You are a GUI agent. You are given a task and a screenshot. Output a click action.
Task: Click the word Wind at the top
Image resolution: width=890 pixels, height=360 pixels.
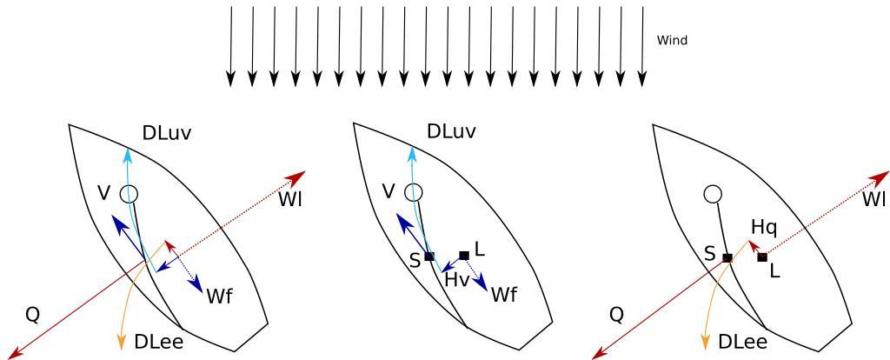(672, 40)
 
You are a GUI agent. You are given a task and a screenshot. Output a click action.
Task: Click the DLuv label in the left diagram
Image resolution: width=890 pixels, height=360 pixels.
(166, 134)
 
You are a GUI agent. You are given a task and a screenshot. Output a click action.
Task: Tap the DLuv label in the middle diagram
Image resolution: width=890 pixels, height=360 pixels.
(451, 132)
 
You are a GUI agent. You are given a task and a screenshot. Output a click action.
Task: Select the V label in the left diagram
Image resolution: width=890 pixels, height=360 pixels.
(104, 193)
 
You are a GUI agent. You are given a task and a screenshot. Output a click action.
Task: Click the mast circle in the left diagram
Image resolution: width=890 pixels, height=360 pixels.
(129, 193)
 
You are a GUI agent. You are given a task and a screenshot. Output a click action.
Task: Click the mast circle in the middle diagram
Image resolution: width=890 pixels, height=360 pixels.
(415, 192)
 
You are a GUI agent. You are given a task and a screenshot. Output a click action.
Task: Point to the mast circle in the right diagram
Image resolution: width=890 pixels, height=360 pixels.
(713, 194)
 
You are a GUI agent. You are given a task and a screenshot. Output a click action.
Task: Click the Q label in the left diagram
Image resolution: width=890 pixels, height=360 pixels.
(32, 315)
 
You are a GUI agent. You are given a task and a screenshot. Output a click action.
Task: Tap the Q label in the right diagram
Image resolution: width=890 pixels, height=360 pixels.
(616, 315)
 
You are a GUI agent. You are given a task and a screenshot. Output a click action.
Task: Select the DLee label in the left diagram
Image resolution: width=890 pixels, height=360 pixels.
(158, 343)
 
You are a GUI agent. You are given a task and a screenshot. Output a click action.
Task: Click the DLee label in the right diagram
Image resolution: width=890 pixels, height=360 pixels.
(742, 343)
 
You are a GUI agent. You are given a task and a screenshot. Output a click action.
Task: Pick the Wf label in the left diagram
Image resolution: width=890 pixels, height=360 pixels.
(219, 296)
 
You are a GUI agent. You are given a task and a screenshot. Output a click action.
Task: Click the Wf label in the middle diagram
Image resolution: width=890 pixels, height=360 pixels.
(504, 295)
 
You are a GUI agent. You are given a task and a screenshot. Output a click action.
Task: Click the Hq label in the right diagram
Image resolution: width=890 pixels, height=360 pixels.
(764, 228)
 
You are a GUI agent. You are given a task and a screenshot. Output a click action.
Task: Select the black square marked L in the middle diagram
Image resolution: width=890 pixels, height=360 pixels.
(464, 256)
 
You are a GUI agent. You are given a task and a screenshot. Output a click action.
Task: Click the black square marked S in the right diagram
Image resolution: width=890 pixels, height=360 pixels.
(727, 258)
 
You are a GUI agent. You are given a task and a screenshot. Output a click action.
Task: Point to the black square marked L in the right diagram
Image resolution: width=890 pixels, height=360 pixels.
(762, 257)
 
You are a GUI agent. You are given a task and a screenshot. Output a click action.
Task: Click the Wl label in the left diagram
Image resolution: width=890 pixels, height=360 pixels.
(291, 199)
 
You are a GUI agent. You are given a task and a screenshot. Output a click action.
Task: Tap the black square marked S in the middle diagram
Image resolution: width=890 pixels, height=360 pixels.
(429, 257)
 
